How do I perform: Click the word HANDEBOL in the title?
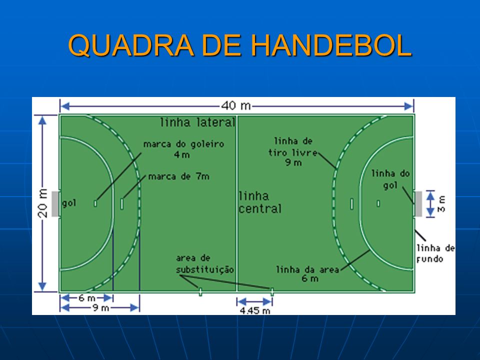click(x=331, y=45)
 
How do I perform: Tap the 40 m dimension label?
click(x=236, y=106)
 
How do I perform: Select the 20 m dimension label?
click(x=43, y=203)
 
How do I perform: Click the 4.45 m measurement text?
click(x=255, y=310)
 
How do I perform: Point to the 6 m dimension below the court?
click(x=87, y=298)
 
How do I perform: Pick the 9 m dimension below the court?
click(x=101, y=307)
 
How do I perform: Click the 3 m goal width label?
click(x=441, y=204)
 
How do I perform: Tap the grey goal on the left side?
click(x=55, y=204)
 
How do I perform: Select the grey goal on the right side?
click(x=418, y=204)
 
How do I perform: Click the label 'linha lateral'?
click(x=198, y=122)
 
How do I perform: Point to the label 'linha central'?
click(x=260, y=202)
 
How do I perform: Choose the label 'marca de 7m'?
click(x=179, y=176)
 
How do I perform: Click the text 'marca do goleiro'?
click(x=183, y=144)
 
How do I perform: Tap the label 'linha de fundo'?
click(x=435, y=253)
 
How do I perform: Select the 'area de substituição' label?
click(x=205, y=264)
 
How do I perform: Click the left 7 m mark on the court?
click(x=122, y=204)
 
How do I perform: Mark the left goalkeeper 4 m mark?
click(x=95, y=203)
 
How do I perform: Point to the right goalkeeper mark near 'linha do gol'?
click(x=378, y=203)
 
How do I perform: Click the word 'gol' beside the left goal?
click(x=69, y=203)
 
